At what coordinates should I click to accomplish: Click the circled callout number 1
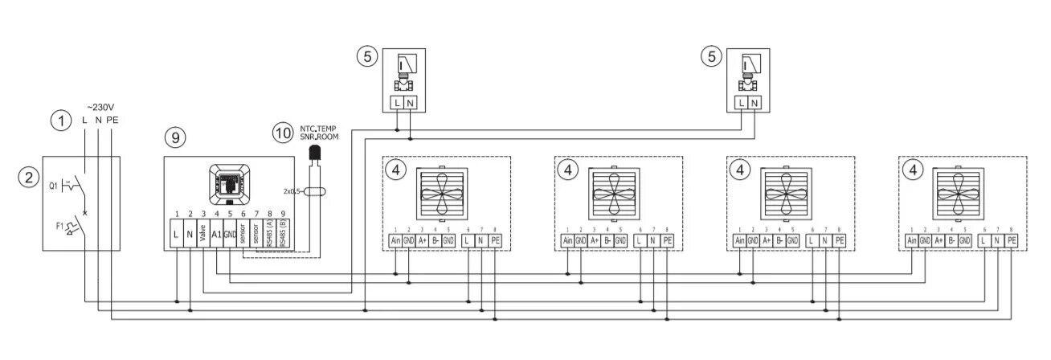(60, 121)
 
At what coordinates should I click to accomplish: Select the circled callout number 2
(29, 178)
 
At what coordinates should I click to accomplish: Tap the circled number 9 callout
(174, 137)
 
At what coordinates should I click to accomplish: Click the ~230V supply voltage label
(100, 106)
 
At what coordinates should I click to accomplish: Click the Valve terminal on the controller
(203, 236)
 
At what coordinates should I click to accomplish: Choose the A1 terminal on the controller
(217, 236)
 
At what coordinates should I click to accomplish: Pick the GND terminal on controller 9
(230, 236)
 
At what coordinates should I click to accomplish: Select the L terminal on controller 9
(176, 236)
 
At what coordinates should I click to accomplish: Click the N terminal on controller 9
(190, 236)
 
